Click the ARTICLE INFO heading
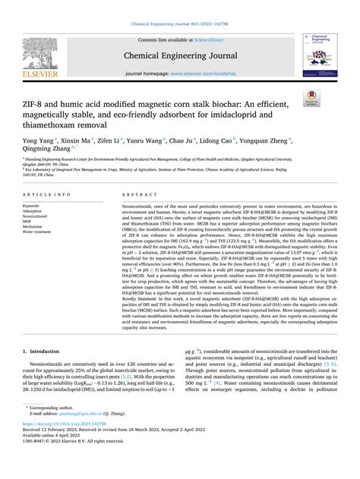[45, 194]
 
